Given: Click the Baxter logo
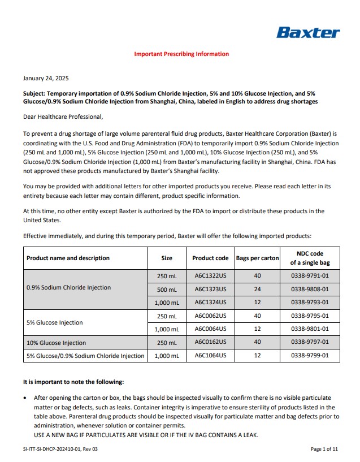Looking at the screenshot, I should click(x=309, y=32).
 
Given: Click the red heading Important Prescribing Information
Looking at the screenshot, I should click(x=181, y=54).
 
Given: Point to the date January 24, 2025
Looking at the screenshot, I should click(x=46, y=78).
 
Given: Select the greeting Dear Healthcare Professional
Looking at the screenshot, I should click(x=63, y=117).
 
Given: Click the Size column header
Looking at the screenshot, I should click(x=167, y=258).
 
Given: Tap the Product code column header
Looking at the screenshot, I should click(x=210, y=258).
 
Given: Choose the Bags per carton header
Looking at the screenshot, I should click(x=258, y=258).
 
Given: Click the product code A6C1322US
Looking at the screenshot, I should click(x=210, y=275).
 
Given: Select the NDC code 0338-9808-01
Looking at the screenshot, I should click(x=310, y=289).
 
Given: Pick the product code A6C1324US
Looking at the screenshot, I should click(x=210, y=303).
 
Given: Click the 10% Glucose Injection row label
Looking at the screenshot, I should click(x=57, y=343).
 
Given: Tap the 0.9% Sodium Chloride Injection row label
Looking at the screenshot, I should click(x=68, y=287).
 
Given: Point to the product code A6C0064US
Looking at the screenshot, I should click(x=210, y=329).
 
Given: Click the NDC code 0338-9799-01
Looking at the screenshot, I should click(x=310, y=356).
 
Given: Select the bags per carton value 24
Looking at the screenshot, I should click(x=258, y=289).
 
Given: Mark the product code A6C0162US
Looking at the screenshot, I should click(x=210, y=342).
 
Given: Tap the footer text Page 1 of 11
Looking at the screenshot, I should click(x=324, y=449).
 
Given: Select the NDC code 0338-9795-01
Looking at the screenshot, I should click(x=310, y=316).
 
